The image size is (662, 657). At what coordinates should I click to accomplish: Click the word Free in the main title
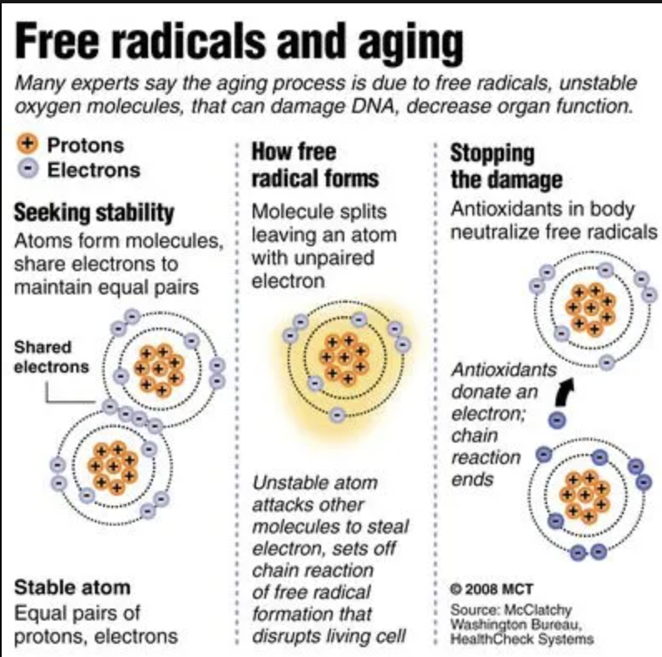pos(57,42)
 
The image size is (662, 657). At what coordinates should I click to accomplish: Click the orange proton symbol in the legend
pos(27,144)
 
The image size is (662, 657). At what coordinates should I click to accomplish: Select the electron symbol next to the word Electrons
pos(28,169)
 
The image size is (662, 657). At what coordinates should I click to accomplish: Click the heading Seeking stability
pos(94,213)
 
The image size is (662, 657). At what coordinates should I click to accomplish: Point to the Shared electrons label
pos(51,357)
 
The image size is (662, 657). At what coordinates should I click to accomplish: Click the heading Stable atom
pos(72,587)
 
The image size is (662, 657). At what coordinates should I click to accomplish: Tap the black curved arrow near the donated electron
pos(565,391)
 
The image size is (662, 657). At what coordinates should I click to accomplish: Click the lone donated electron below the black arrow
pos(557,420)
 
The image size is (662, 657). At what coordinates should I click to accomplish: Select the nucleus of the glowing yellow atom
pos(344,358)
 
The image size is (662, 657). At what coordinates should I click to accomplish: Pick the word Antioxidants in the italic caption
pos(504,370)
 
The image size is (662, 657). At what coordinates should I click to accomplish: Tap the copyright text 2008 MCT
pos(492,589)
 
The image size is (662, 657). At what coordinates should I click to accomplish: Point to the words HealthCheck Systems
pos(521,639)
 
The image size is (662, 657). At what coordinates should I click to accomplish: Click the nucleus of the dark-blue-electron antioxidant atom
pos(585,495)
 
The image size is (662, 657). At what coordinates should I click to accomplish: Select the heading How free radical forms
pos(315,165)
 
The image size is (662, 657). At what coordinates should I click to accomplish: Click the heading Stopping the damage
pos(506,166)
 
